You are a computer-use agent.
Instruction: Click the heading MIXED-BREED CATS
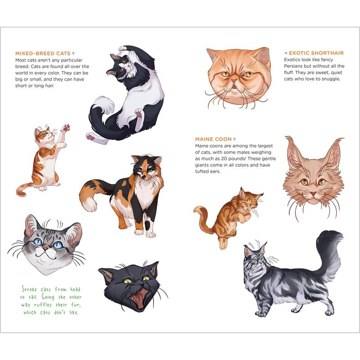pos(43,53)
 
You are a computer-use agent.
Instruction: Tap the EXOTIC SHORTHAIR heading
pos(316,53)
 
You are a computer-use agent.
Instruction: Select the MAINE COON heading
pos(213,139)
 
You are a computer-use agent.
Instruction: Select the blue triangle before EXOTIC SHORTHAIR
pos(286,53)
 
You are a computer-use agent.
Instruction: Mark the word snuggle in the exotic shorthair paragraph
pos(328,79)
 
